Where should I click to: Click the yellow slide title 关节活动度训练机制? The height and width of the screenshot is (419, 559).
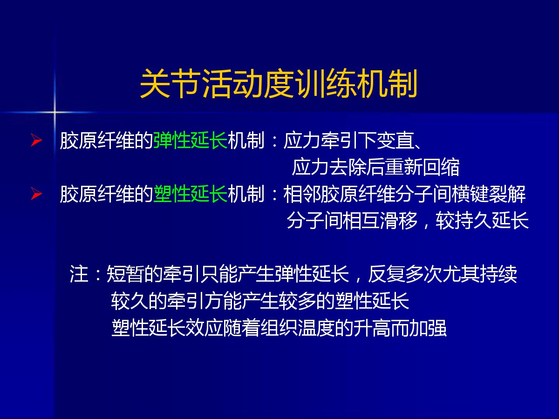[279, 84]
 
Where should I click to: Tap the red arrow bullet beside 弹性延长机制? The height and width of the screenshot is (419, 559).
[36, 140]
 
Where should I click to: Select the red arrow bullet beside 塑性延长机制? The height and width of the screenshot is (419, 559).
[36, 194]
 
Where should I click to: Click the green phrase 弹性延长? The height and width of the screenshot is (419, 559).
[191, 140]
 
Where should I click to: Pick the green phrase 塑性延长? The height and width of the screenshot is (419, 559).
[191, 194]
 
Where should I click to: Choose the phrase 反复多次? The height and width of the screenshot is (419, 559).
[405, 274]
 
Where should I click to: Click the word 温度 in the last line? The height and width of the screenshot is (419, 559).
[316, 328]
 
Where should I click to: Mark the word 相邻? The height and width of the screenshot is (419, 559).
[302, 194]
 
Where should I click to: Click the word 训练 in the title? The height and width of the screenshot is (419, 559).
[325, 84]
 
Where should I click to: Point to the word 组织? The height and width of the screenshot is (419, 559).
[279, 328]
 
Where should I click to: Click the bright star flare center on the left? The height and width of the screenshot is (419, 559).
[54, 112]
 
